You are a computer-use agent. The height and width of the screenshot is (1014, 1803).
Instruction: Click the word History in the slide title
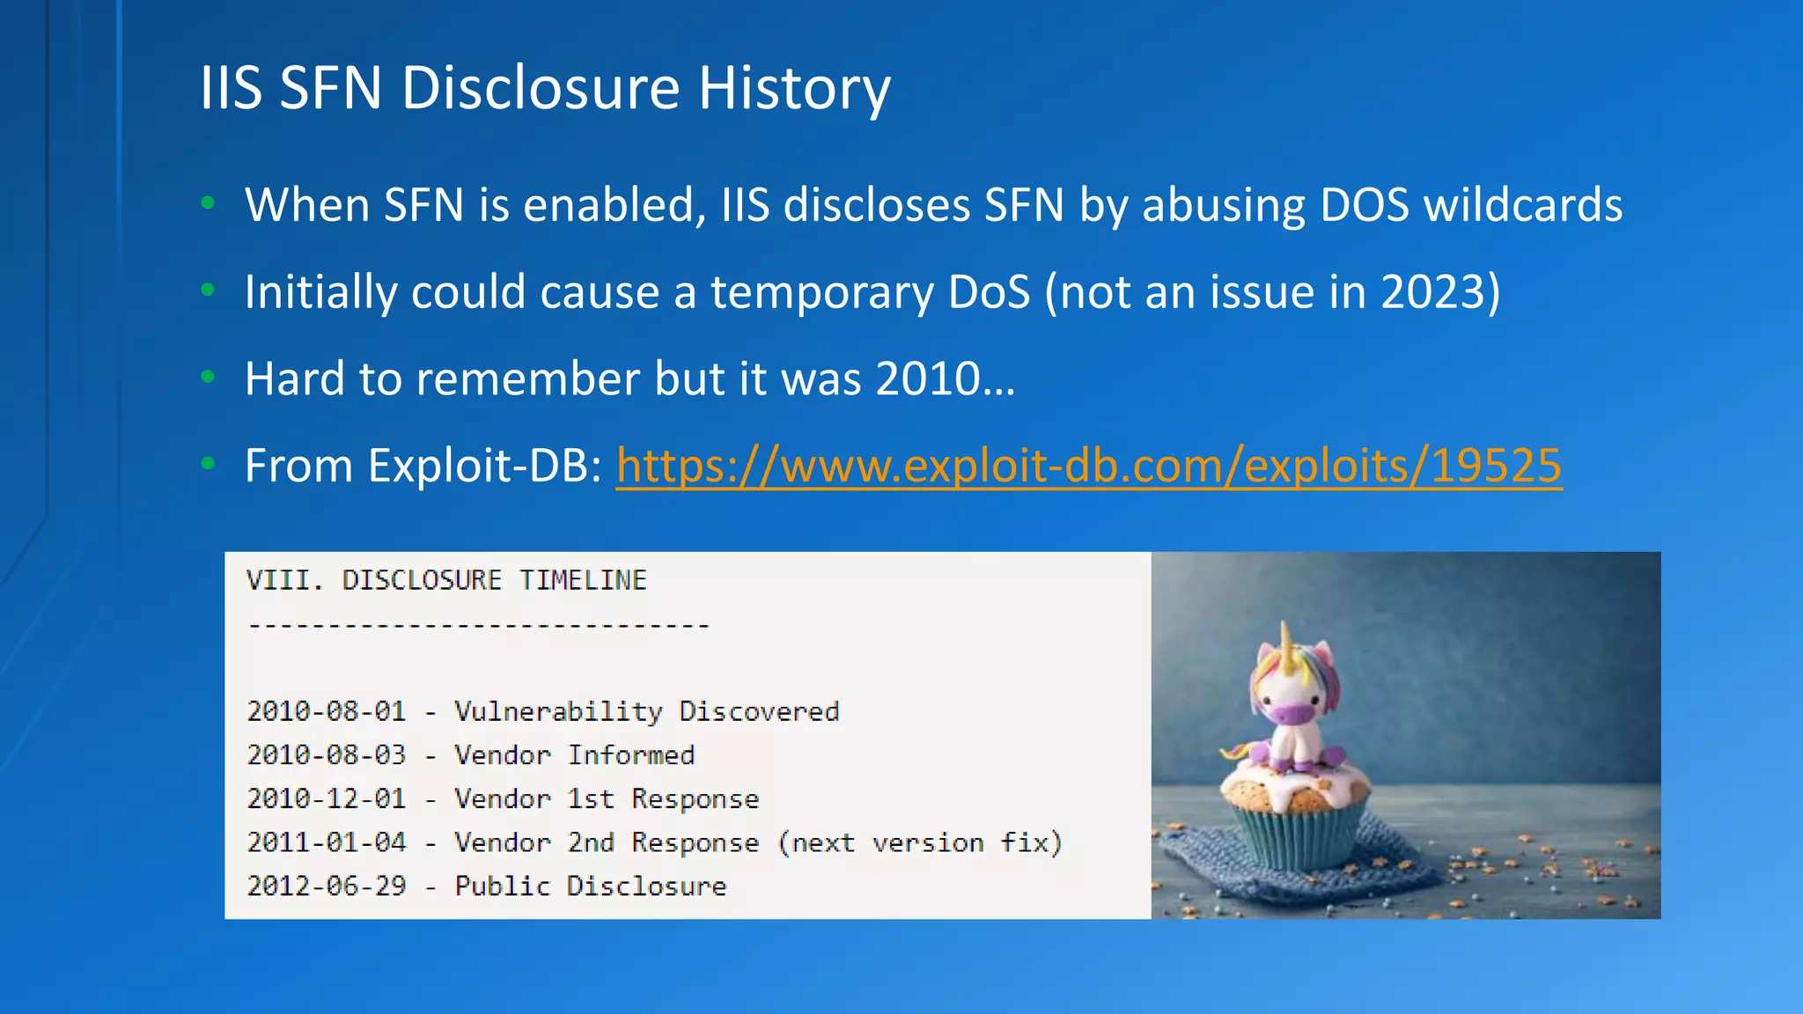(x=794, y=88)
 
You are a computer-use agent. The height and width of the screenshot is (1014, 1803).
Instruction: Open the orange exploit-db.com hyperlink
(x=1088, y=466)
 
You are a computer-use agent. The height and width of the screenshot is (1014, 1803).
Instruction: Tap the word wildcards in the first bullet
(x=1522, y=205)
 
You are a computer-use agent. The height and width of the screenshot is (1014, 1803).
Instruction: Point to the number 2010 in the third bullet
(x=928, y=378)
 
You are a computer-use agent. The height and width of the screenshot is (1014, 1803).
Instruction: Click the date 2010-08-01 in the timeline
(x=327, y=711)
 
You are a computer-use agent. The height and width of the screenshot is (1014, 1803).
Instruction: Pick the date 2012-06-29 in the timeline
(x=327, y=885)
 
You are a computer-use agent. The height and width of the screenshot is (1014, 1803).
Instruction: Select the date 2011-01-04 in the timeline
(x=327, y=842)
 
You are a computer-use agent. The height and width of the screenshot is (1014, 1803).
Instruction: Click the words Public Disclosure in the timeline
(x=590, y=885)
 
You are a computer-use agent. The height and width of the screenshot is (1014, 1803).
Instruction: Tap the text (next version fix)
(x=920, y=842)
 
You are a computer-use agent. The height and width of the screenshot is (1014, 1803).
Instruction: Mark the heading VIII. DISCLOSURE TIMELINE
(x=446, y=580)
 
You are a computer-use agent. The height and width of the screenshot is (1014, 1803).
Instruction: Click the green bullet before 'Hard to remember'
(x=208, y=378)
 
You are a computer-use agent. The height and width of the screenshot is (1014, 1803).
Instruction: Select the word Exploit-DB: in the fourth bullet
(x=484, y=466)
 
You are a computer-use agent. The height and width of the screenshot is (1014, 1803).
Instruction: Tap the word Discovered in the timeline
(x=759, y=711)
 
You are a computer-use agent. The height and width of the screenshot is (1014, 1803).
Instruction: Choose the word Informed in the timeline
(x=630, y=755)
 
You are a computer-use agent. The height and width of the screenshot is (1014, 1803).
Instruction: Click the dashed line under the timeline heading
(x=478, y=626)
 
